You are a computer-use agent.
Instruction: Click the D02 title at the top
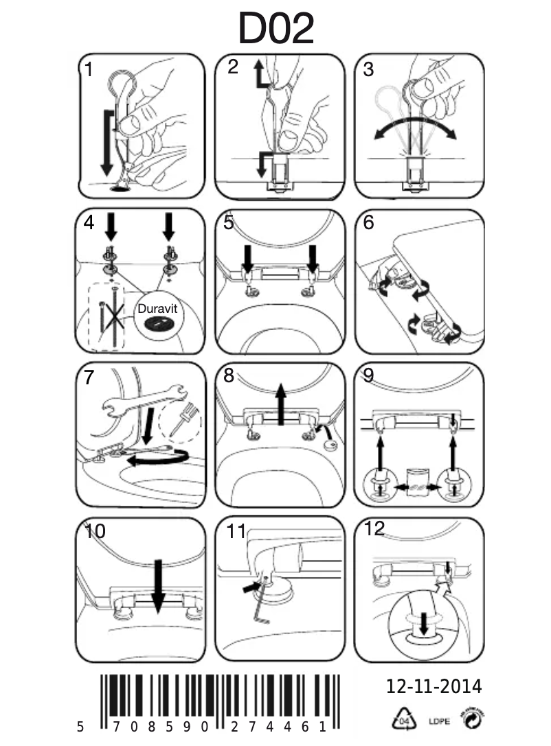pyautogui.click(x=275, y=29)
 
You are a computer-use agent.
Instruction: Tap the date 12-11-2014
pyautogui.click(x=434, y=686)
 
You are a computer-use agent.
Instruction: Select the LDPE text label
pyautogui.click(x=439, y=721)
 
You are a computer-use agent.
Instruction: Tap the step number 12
pyautogui.click(x=375, y=529)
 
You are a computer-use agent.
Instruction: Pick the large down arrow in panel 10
pyautogui.click(x=157, y=583)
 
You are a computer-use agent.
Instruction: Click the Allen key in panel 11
pyautogui.click(x=262, y=605)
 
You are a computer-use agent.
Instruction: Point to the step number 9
pyautogui.click(x=368, y=376)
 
